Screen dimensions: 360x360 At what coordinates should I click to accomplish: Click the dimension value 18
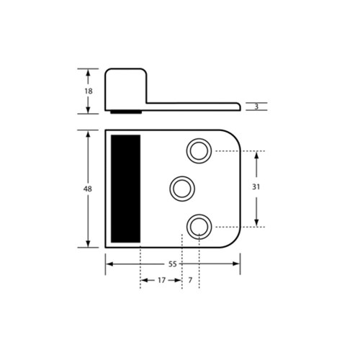pos(88,91)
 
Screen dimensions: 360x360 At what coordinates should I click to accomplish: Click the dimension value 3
pos(256,107)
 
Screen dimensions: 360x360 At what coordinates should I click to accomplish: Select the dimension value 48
pos(88,189)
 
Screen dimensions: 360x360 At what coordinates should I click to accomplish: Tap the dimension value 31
pos(257,186)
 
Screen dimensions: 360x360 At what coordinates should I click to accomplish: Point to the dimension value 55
pos(173,264)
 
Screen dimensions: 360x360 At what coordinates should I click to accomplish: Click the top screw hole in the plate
pos(198,151)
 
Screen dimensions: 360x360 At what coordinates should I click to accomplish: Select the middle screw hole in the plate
pos(181,189)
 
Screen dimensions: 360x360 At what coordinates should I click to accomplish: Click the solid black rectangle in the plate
pos(126,189)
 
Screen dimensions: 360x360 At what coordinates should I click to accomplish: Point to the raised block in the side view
pos(127,88)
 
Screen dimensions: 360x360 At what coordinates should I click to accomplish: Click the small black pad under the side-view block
pos(126,112)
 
